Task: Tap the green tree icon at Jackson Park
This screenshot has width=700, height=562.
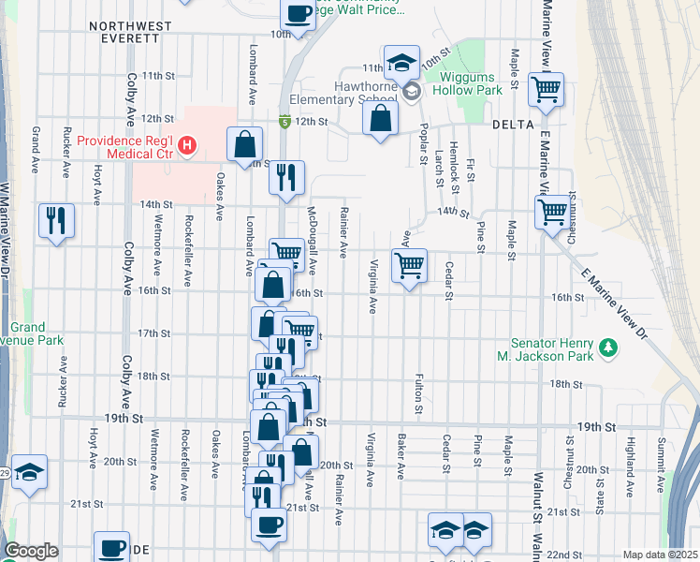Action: [x=609, y=348]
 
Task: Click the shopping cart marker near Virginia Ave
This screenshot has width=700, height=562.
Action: [x=409, y=266]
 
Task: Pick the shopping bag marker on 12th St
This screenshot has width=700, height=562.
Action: [x=380, y=118]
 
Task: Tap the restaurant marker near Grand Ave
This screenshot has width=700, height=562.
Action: [x=56, y=221]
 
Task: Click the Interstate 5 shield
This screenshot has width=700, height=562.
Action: [x=283, y=121]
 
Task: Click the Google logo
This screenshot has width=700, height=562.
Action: [x=31, y=551]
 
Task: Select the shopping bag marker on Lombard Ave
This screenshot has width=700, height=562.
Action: [x=243, y=145]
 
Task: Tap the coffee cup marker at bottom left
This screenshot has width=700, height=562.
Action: [x=111, y=547]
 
